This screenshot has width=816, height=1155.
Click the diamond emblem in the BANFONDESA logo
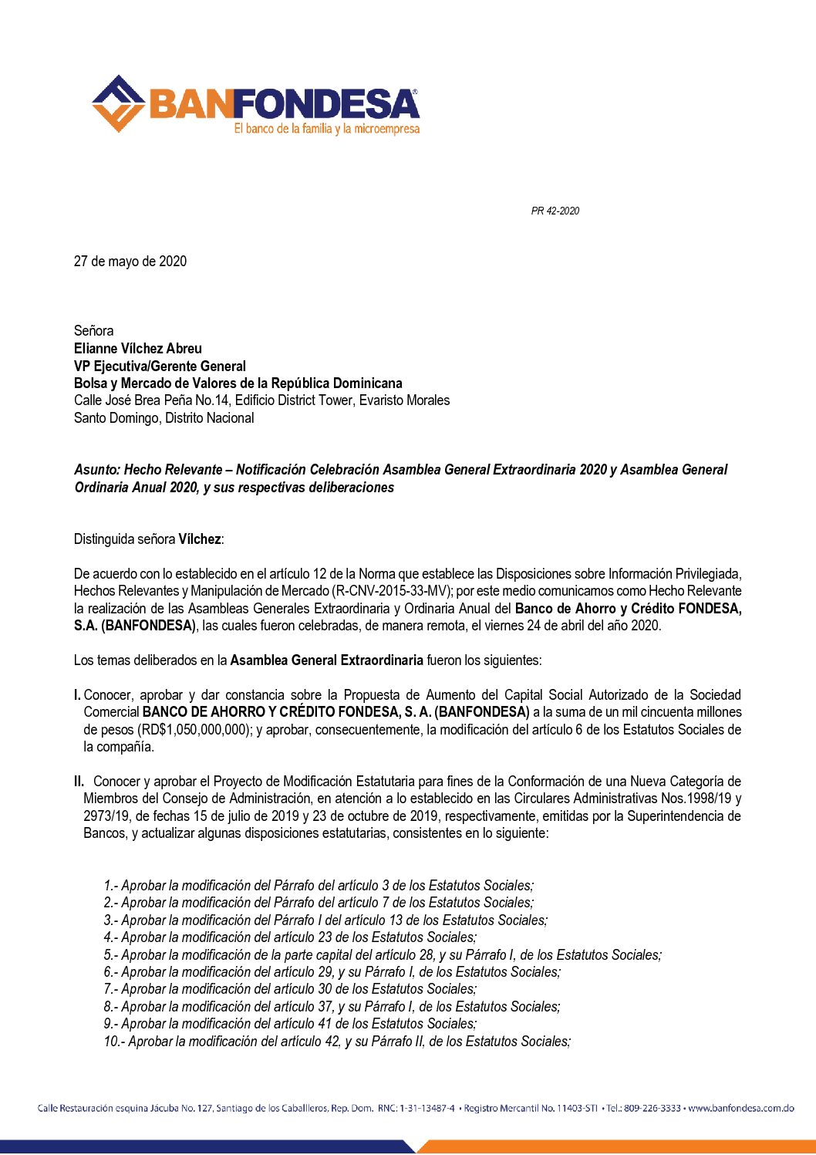coord(118,103)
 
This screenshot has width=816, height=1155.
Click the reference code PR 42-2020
coord(555,211)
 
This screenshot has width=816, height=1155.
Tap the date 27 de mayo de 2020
coord(130,262)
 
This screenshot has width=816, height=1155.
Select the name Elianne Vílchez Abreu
coord(138,349)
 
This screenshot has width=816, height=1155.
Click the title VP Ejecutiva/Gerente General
coord(160,366)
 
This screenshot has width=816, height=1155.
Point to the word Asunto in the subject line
coord(96,470)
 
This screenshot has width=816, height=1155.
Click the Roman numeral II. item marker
coord(79,782)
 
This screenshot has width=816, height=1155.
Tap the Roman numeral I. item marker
coord(77,695)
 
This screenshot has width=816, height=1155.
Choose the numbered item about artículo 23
coord(290,937)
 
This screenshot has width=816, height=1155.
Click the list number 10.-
coord(114,1042)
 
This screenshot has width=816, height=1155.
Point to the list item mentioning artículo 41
coord(290,1024)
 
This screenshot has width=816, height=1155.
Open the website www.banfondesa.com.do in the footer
coord(740,1109)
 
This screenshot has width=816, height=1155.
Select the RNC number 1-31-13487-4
coord(427,1109)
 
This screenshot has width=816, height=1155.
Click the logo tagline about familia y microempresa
coord(326,129)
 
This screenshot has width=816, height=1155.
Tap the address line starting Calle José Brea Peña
coord(261,400)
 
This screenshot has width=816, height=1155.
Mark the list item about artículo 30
coord(290,989)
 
